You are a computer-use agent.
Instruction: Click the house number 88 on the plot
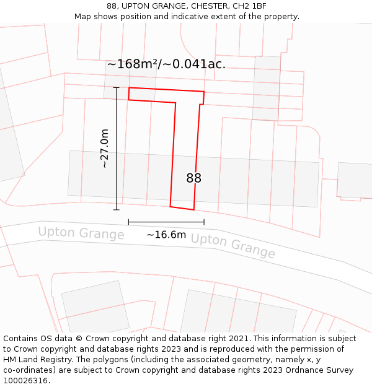193,178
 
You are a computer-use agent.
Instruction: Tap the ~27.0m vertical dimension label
104,149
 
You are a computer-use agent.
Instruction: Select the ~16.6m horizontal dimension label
166,235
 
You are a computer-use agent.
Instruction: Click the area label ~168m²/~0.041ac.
166,64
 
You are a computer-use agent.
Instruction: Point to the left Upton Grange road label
81,233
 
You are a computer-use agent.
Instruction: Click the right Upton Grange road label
232,246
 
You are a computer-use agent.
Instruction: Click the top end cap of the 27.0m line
116,88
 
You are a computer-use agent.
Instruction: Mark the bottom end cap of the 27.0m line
116,210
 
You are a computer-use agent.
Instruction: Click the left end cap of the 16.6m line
128,222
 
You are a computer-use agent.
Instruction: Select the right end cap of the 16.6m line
204,222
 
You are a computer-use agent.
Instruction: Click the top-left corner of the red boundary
129,88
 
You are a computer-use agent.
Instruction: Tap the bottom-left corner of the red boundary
170,206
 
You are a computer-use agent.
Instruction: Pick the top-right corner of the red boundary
204,92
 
